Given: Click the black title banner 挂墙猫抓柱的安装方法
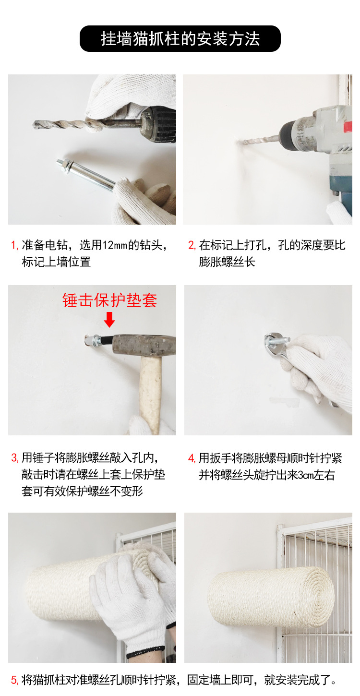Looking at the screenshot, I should [180, 39].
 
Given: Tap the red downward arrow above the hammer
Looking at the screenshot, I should [109, 319].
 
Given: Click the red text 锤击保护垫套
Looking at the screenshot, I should [110, 300].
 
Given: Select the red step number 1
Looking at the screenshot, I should [14, 245].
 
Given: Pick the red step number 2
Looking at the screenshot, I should [192, 245].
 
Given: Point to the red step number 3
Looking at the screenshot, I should [14, 458].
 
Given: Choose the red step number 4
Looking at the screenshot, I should [192, 458].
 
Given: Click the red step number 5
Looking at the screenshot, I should [14, 680].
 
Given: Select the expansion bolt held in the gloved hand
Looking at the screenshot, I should [86, 173].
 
